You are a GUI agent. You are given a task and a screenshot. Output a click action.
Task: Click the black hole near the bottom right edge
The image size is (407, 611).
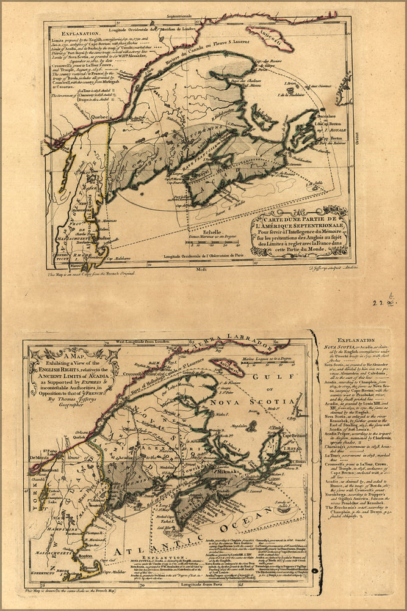coord(314,571)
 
